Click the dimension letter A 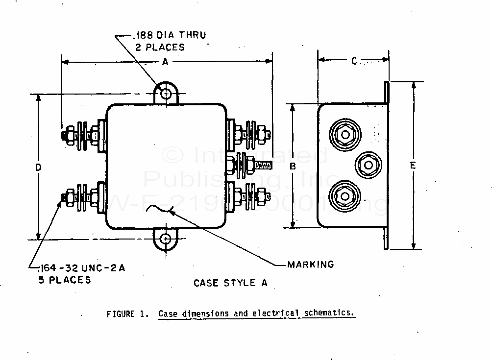click(x=165, y=62)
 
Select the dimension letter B click(x=293, y=166)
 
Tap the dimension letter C click(x=354, y=61)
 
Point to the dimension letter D click(x=38, y=167)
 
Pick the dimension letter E click(x=413, y=166)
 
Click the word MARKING click(x=311, y=264)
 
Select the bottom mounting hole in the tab click(x=167, y=239)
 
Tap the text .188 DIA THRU click(x=169, y=35)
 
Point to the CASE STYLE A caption click(x=230, y=283)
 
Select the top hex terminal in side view click(x=345, y=134)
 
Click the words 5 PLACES click(x=64, y=280)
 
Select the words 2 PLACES click(x=160, y=48)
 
